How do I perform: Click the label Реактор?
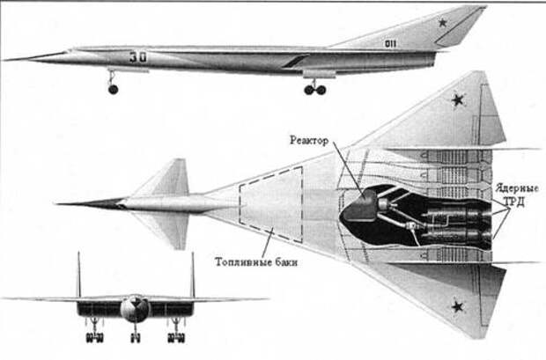pyautogui.click(x=309, y=140)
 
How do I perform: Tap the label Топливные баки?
pyautogui.click(x=256, y=261)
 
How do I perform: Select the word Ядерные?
pyautogui.click(x=517, y=189)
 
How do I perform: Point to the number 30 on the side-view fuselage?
pyautogui.click(x=138, y=57)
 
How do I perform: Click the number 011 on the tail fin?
pyautogui.click(x=390, y=44)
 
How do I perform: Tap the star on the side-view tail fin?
pyautogui.click(x=443, y=23)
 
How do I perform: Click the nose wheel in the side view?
pyautogui.click(x=114, y=90)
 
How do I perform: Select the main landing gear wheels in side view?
pyautogui.click(x=315, y=90)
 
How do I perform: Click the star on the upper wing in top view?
pyautogui.click(x=458, y=100)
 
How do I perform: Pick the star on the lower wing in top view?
pyautogui.click(x=458, y=306)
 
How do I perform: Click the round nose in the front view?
pyautogui.click(x=135, y=308)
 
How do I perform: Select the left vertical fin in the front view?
pyautogui.click(x=78, y=275)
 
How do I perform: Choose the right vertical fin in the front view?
pyautogui.click(x=193, y=275)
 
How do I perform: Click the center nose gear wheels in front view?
pyautogui.click(x=135, y=338)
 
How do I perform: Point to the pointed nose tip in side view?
pyautogui.click(x=4, y=60)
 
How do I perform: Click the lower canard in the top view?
pyautogui.click(x=167, y=230)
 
